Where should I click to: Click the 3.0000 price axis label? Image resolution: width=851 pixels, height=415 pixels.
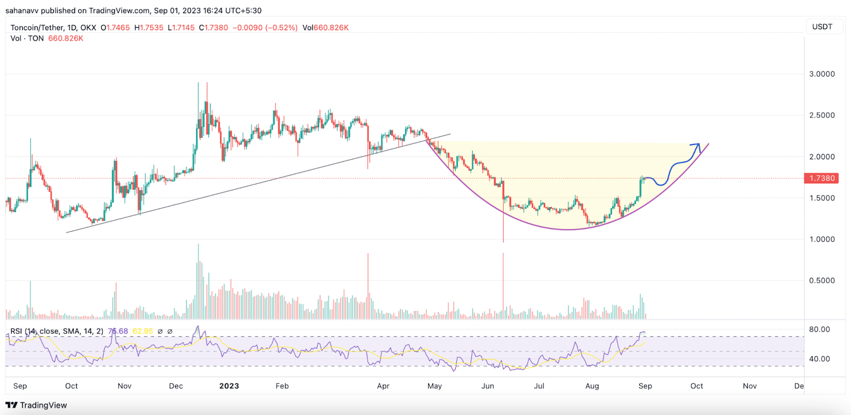click(x=822, y=74)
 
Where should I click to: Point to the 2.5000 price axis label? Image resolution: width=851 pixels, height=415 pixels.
click(x=822, y=115)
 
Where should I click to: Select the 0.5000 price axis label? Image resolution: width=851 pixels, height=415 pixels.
click(x=822, y=281)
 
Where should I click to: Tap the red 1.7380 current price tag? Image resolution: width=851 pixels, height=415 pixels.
click(x=822, y=178)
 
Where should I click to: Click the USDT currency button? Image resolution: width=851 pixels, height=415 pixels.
click(x=822, y=27)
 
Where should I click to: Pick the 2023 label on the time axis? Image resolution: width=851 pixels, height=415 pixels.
click(x=229, y=386)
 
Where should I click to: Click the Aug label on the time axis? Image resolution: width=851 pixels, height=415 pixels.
click(x=592, y=386)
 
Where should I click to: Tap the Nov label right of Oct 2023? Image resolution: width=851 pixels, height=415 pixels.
click(x=749, y=386)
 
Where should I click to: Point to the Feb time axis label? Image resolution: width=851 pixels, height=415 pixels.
click(x=282, y=386)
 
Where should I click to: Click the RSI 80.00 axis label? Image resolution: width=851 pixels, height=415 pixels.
click(x=819, y=329)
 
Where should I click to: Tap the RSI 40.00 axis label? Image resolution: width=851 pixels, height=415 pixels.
click(x=819, y=359)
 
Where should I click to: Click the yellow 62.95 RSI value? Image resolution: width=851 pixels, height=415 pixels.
click(x=143, y=331)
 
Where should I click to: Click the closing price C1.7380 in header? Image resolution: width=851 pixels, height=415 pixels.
click(x=213, y=28)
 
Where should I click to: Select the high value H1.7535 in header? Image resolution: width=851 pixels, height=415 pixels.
click(x=149, y=28)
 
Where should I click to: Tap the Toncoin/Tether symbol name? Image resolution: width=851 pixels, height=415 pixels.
click(x=37, y=28)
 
